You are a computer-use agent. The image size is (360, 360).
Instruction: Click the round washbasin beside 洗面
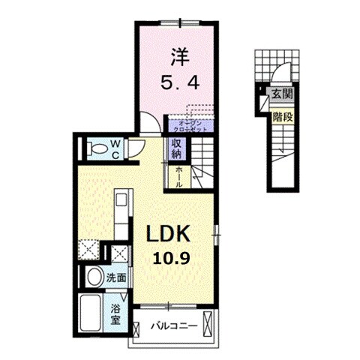click(x=95, y=278)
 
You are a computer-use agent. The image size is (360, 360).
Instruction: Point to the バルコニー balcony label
click(x=173, y=327)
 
